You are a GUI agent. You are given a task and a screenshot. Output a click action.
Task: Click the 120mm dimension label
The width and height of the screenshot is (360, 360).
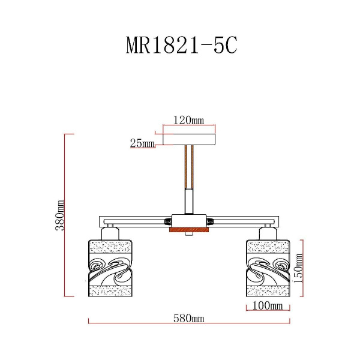[x=188, y=120]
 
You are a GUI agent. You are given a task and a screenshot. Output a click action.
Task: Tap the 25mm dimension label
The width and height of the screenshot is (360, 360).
[x=142, y=143]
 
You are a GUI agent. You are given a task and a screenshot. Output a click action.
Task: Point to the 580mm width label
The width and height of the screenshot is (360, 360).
[x=188, y=318]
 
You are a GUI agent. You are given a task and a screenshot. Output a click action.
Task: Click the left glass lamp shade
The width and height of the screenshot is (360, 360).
[x=110, y=268]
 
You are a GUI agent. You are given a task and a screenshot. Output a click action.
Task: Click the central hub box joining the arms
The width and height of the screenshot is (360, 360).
[x=189, y=220]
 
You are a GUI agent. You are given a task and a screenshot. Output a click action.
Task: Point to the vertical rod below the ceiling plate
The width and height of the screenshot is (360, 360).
[x=189, y=180]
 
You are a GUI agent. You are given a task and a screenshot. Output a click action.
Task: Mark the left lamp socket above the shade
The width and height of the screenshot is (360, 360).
[x=110, y=232]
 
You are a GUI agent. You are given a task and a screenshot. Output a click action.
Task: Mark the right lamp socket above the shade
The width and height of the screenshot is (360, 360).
[x=268, y=232]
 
